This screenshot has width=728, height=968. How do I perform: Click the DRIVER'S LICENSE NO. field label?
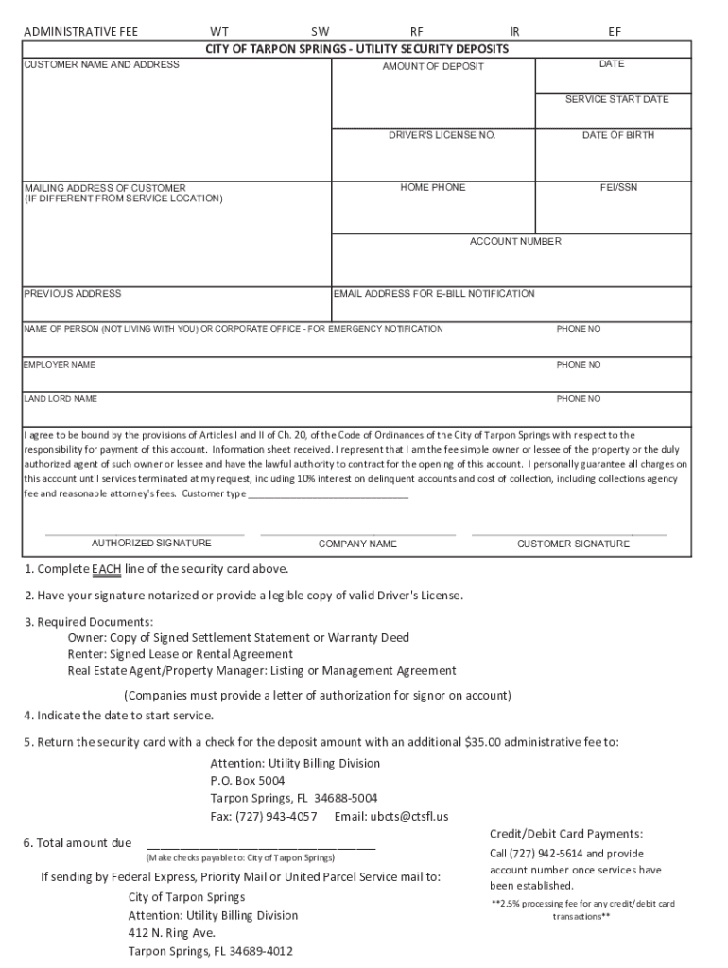[442, 135]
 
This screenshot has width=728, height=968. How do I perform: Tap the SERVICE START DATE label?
[616, 99]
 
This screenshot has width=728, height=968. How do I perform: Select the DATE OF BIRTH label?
[617, 135]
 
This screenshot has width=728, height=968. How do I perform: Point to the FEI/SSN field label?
[618, 187]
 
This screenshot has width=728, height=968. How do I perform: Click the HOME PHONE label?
[432, 187]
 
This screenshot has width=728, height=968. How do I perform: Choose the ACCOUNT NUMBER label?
[515, 241]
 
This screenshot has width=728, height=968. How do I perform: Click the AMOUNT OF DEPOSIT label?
[433, 66]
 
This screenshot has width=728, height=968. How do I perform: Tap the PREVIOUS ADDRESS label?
[73, 293]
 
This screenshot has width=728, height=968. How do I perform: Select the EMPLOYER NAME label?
[60, 364]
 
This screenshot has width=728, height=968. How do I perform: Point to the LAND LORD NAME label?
[61, 399]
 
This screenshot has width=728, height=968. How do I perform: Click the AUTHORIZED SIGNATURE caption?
[151, 543]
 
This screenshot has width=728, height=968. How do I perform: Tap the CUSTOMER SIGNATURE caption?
[573, 544]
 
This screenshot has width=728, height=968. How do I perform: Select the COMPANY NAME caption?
[357, 544]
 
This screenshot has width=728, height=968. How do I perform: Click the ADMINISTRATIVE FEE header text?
[80, 31]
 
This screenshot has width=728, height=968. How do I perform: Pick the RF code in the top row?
[417, 31]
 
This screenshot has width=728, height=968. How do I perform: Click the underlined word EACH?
[106, 569]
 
